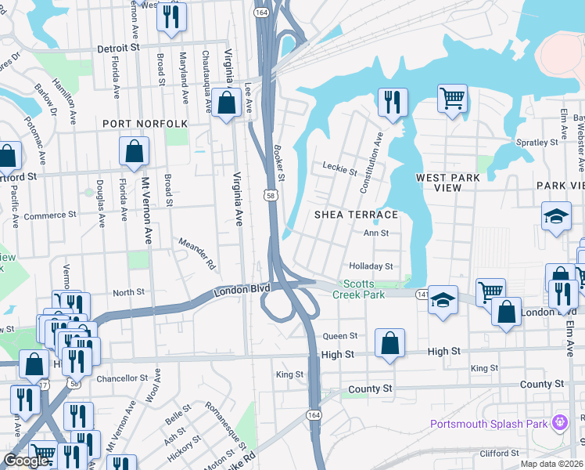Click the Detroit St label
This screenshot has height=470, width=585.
click(x=118, y=48)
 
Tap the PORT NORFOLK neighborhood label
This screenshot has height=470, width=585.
click(x=145, y=124)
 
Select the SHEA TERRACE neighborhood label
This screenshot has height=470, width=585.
click(x=356, y=215)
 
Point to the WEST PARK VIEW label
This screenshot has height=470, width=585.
click(x=448, y=183)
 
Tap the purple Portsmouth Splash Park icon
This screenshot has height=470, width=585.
click(x=559, y=424)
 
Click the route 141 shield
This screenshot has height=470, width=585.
click(x=422, y=293)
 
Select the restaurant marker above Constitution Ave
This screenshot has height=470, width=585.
click(x=393, y=102)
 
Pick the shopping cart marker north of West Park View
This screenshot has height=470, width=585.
click(x=452, y=98)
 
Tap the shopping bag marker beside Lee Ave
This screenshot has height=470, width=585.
click(x=226, y=103)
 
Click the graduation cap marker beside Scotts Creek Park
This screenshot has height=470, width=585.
click(x=443, y=301)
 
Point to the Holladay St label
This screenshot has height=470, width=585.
click(x=370, y=266)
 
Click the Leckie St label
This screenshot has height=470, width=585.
click(x=339, y=167)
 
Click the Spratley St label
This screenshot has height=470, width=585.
click(x=539, y=143)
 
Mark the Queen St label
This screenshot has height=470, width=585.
click(x=340, y=335)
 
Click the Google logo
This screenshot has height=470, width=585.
click(x=26, y=461)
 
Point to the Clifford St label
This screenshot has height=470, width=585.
click(x=500, y=454)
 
